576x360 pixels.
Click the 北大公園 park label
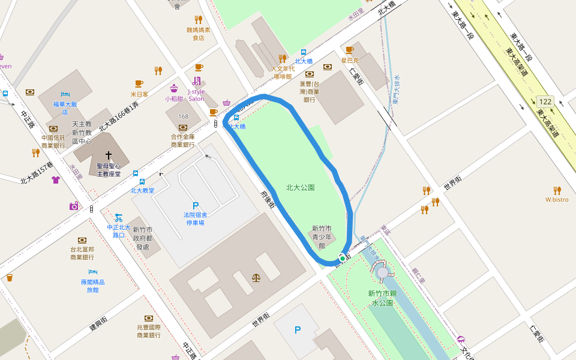(301, 188)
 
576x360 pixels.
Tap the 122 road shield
(545, 101)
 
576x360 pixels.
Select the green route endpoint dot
(342, 259)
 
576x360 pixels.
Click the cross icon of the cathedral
(109, 155)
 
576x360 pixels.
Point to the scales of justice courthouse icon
(257, 278)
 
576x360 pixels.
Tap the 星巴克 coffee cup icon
(349, 50)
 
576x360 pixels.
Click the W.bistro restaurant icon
(557, 190)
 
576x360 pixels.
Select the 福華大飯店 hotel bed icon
(65, 95)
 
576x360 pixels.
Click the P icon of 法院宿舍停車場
(195, 206)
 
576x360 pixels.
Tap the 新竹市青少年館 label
(322, 236)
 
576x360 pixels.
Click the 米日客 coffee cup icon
(139, 84)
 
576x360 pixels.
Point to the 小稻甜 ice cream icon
(174, 88)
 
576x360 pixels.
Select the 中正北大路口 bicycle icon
(118, 218)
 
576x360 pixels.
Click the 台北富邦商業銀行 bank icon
(82, 240)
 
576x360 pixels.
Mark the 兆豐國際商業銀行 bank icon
(148, 318)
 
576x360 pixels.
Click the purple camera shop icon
(74, 206)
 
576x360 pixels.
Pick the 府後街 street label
(268, 199)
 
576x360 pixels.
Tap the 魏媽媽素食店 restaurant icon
(199, 20)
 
